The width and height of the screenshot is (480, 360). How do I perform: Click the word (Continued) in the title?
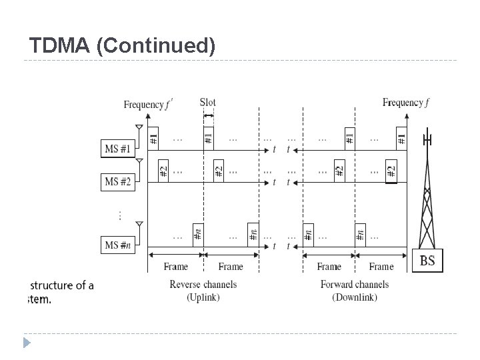coord(155,46)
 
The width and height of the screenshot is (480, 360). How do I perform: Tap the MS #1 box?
coord(117,149)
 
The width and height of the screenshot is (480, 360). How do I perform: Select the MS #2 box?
coord(117,181)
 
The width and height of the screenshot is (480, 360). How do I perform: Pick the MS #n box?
coord(117,245)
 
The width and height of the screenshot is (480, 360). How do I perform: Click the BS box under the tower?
coord(427,261)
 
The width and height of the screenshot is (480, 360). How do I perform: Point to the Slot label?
coord(207,102)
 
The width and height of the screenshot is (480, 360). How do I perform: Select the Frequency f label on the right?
coord(405,103)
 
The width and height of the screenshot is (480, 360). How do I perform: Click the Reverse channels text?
coord(203,285)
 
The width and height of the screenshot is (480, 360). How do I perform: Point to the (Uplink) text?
coord(203,297)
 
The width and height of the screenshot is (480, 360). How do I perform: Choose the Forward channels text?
coord(355,285)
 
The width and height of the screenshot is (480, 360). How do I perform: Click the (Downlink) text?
coord(355,297)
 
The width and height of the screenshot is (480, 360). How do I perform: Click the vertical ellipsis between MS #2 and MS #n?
coord(120,215)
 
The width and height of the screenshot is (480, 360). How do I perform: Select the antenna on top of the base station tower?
coord(427,141)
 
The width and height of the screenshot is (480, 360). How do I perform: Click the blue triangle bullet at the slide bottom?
coord(27,343)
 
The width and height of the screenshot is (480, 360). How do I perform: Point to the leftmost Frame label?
coord(175,267)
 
